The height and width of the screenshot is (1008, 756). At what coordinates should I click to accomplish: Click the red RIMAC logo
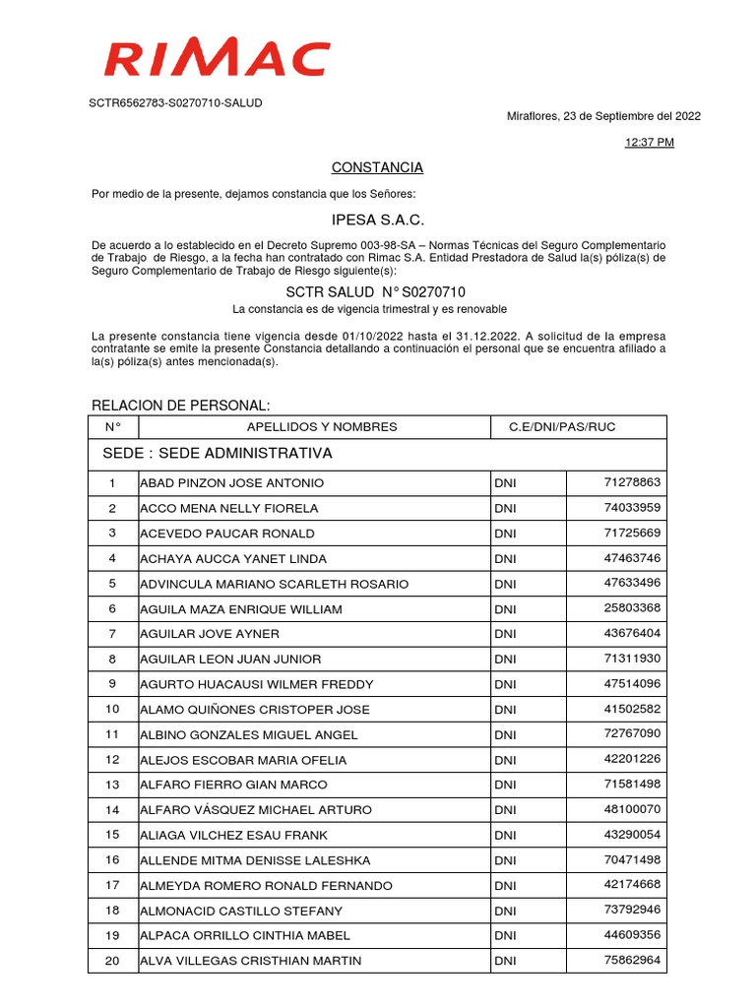click(x=217, y=59)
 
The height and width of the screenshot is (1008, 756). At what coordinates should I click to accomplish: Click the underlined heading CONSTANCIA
click(x=377, y=167)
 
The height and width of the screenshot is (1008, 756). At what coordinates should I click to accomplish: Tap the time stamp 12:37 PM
click(x=650, y=143)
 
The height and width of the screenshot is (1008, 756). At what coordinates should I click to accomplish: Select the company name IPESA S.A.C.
click(x=377, y=219)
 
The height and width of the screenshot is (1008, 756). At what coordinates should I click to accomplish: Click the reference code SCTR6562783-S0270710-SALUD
click(x=177, y=102)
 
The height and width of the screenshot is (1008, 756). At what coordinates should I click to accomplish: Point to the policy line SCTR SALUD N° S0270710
click(x=376, y=292)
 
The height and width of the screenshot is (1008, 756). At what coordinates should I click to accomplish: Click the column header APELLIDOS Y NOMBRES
click(x=322, y=427)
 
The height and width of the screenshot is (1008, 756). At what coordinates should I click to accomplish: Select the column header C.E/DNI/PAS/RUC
click(x=562, y=427)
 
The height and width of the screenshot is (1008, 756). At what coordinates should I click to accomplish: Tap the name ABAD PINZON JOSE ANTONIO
click(x=232, y=483)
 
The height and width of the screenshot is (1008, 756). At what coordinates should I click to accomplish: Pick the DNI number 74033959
click(x=632, y=507)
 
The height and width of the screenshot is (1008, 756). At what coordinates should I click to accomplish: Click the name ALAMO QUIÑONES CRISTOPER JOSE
click(x=255, y=710)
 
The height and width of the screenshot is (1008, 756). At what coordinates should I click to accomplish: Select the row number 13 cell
click(x=112, y=785)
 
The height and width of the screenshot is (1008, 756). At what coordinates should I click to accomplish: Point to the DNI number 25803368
click(x=632, y=607)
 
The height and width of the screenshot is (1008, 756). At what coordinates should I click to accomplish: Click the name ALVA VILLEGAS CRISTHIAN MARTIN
click(x=251, y=961)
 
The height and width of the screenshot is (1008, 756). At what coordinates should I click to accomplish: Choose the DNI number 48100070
click(x=632, y=808)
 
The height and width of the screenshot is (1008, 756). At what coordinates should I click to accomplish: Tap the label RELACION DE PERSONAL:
click(x=180, y=407)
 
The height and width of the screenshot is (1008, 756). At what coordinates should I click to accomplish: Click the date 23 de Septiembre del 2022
click(x=632, y=116)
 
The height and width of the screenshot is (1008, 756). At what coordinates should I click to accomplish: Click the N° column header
click(x=112, y=427)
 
